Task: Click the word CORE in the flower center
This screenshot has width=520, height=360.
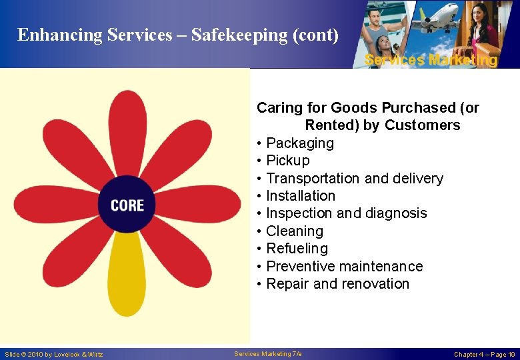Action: point(127,205)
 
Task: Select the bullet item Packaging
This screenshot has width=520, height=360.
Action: point(299,143)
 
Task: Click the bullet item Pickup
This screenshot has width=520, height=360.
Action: point(287,161)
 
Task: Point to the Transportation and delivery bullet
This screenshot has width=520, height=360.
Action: point(354,179)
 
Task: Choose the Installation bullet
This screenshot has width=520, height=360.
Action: point(300,196)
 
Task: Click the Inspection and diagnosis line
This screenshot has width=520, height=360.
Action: point(346,213)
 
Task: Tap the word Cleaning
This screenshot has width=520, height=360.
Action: point(294,231)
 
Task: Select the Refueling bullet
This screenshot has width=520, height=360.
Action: point(297,249)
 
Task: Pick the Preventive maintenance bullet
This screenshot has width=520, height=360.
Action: point(344,267)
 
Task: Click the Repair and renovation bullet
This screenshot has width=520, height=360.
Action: point(337,284)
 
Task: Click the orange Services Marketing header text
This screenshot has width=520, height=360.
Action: point(431,60)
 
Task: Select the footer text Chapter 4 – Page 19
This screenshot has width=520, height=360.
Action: point(484,354)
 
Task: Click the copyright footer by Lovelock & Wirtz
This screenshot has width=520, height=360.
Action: point(54,354)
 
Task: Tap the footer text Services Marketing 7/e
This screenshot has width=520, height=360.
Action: point(268,353)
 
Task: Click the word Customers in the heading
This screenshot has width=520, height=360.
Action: point(422,125)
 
